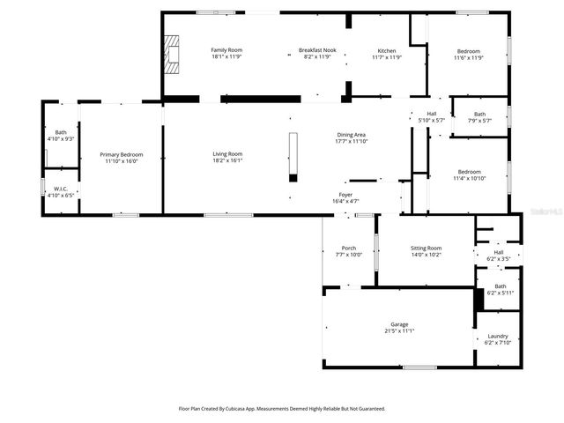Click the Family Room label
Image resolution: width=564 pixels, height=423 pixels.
(x=226, y=50)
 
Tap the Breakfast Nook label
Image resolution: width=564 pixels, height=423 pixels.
(x=317, y=50)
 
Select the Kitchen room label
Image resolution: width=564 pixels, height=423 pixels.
(x=387, y=50)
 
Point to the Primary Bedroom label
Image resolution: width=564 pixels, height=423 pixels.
(x=122, y=155)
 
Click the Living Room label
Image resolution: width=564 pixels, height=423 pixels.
(x=227, y=154)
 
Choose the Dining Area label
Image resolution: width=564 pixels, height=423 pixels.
(x=350, y=135)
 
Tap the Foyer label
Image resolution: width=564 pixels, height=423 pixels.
(x=346, y=195)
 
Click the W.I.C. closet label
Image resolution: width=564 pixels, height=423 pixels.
(x=61, y=189)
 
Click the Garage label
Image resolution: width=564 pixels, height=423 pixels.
(x=399, y=324)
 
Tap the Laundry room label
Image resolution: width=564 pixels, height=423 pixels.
(x=499, y=336)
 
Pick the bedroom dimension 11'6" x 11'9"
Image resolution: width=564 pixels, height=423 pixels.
(x=469, y=58)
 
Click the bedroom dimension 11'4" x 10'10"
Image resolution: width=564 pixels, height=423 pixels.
(x=469, y=178)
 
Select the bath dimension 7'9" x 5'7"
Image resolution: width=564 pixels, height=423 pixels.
(x=479, y=121)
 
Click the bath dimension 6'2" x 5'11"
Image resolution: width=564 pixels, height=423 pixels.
(x=500, y=293)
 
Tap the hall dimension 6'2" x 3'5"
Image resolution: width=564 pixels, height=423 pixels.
(x=499, y=258)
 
